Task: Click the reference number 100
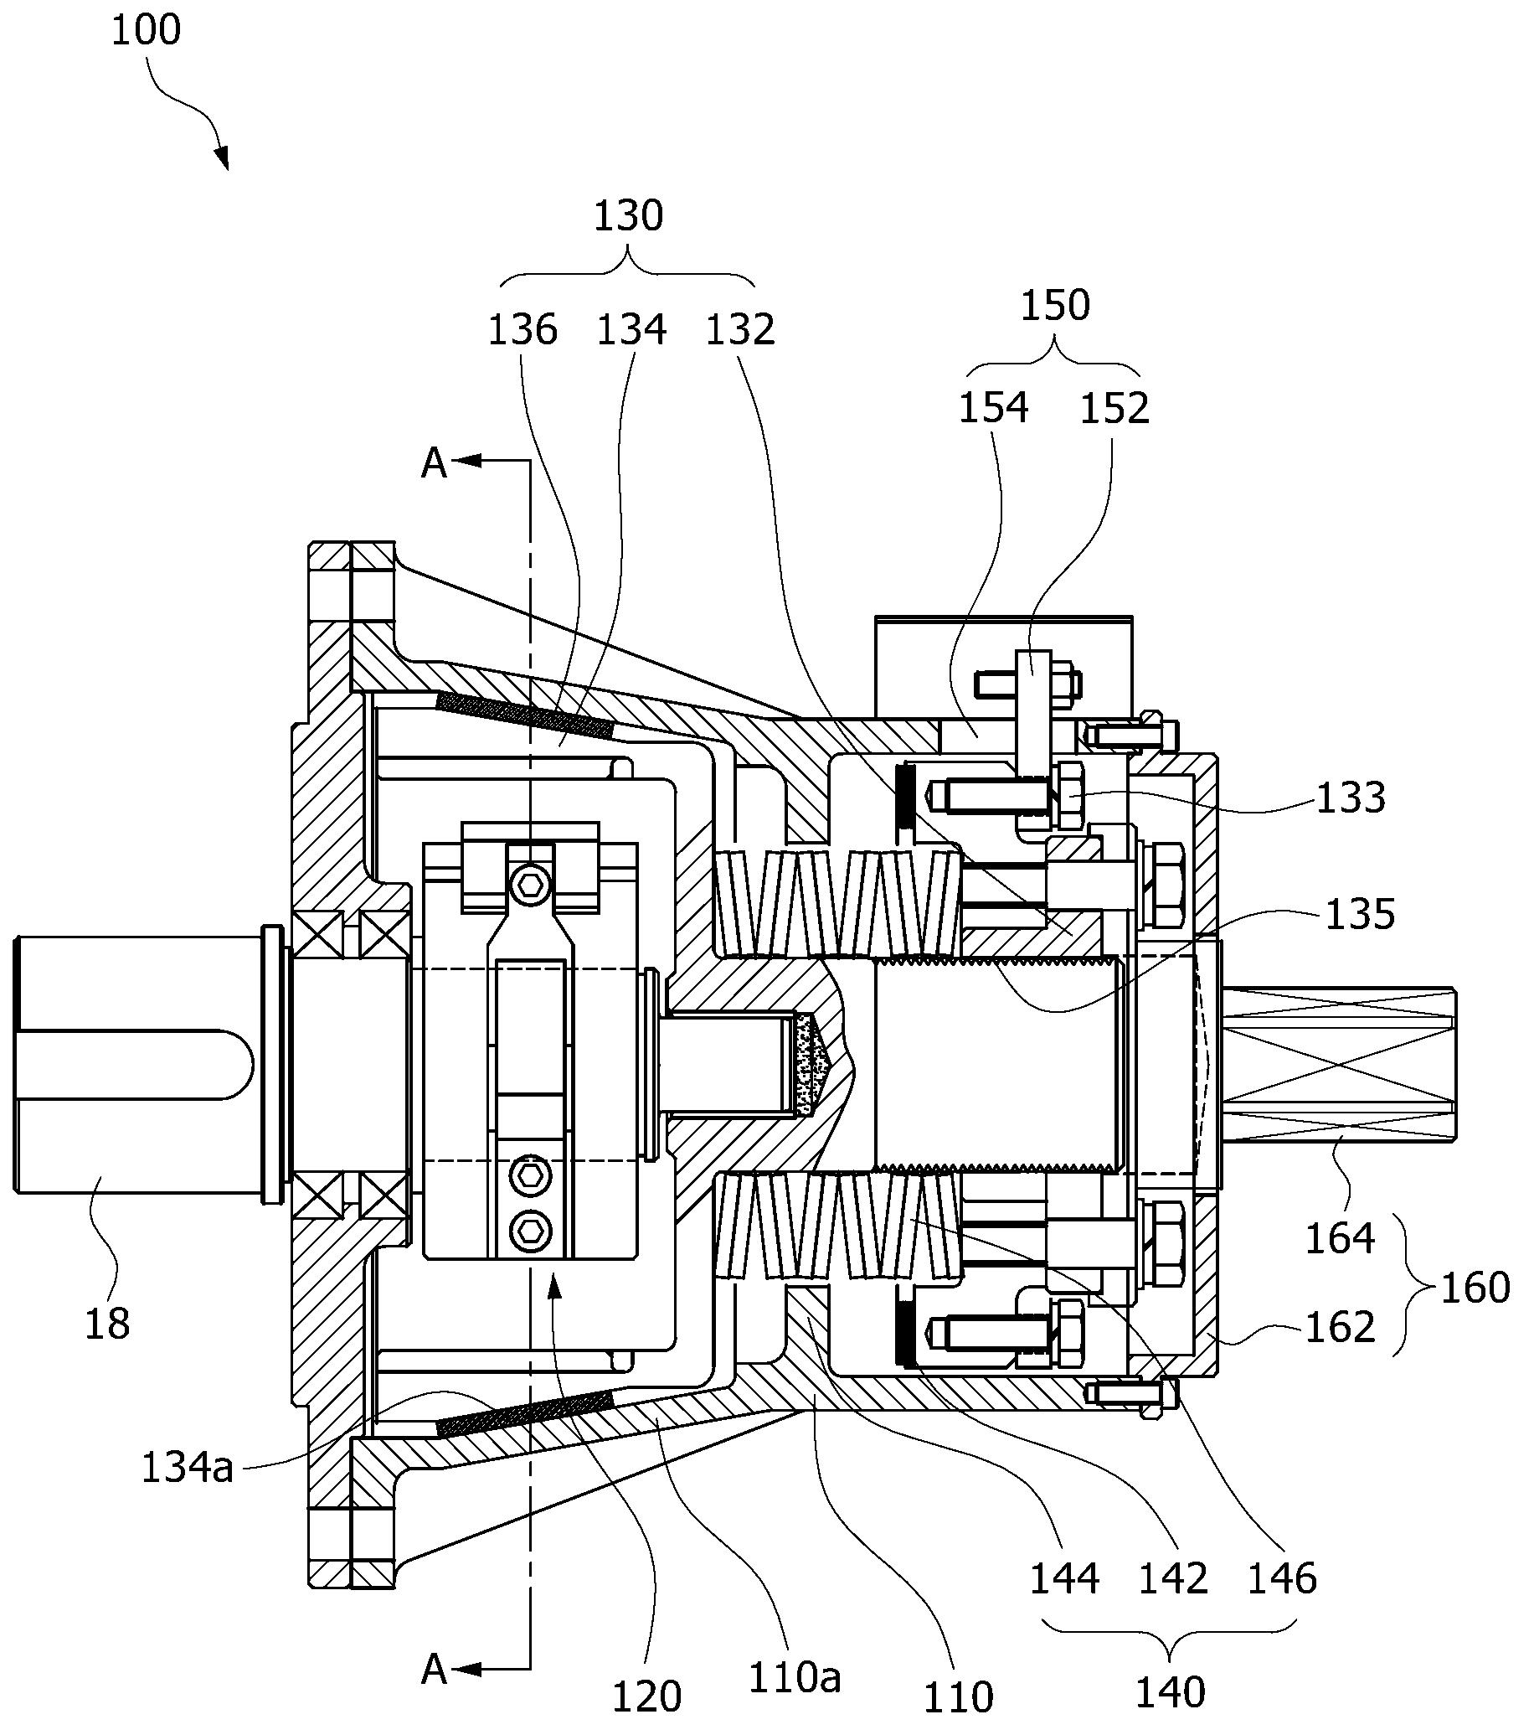(146, 31)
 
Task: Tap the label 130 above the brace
(628, 216)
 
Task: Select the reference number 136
(522, 329)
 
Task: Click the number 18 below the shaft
(107, 1324)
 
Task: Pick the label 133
(1351, 798)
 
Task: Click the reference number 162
(1340, 1328)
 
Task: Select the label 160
(1475, 1288)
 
